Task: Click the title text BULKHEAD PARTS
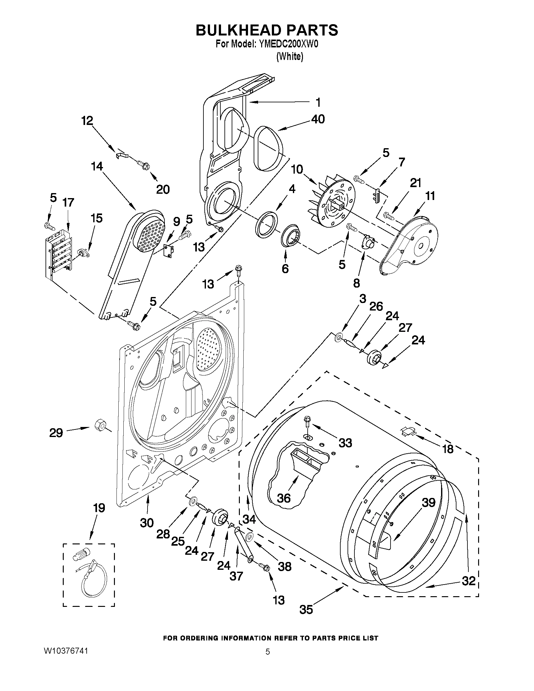click(x=267, y=30)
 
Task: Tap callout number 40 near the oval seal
click(x=318, y=119)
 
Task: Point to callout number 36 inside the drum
click(x=283, y=498)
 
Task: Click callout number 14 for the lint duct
click(x=97, y=166)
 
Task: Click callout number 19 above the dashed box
click(x=99, y=508)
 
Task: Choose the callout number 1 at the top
click(x=318, y=102)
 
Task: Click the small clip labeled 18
click(x=408, y=431)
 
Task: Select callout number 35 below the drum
click(x=306, y=609)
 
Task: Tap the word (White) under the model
click(x=289, y=57)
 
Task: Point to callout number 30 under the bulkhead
click(x=147, y=523)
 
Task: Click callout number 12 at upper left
click(x=87, y=121)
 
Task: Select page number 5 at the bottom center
click(x=268, y=652)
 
